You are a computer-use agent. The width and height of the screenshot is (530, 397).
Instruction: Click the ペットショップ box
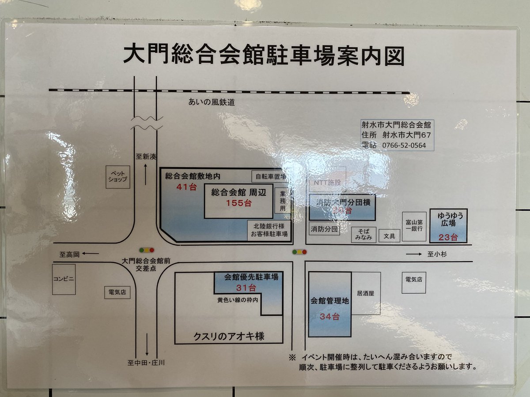click(x=118, y=177)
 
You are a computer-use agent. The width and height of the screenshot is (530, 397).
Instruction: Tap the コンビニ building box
click(x=64, y=279)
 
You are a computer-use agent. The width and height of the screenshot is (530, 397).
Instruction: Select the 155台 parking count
click(x=238, y=204)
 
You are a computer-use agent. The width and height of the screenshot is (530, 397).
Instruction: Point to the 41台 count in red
click(x=185, y=187)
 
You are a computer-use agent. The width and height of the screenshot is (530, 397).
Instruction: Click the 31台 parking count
click(x=246, y=288)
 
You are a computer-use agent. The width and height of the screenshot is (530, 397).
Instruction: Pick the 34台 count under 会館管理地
click(x=329, y=317)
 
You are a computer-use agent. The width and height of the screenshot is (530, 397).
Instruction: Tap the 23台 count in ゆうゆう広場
click(x=448, y=238)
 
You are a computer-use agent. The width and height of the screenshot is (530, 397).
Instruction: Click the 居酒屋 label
click(x=365, y=292)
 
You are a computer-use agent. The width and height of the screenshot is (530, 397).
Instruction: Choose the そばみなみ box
click(x=364, y=235)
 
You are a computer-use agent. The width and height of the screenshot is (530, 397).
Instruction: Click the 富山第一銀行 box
click(x=414, y=226)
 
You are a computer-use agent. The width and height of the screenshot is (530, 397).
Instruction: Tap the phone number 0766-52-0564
click(x=404, y=145)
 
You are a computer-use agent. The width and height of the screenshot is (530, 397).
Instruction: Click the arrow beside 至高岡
click(x=91, y=254)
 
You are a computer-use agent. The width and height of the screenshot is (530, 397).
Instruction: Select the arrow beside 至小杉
click(x=414, y=254)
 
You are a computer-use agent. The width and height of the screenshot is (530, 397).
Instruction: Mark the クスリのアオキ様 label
click(x=229, y=337)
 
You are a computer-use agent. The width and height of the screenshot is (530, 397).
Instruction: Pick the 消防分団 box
click(x=324, y=229)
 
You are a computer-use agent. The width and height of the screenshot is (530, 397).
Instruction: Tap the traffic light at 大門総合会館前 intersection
click(x=147, y=250)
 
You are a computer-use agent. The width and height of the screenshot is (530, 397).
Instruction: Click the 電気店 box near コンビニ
click(x=117, y=292)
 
